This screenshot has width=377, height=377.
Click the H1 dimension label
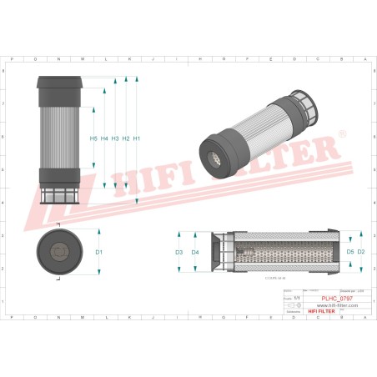pos(137,138)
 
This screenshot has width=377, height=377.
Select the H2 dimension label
pos(126,138)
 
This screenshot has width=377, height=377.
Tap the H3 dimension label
pos(115,138)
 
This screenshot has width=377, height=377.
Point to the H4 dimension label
pos(104,138)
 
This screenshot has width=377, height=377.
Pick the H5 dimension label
pos(93,138)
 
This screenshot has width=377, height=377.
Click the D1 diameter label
pos(98,251)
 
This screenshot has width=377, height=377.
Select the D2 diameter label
pos(361,251)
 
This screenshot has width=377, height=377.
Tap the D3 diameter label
pos(178,251)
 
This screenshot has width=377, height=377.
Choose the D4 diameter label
pos(195,251)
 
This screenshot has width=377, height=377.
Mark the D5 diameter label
pos(349,251)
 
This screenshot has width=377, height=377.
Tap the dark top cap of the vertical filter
pos(60,87)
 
